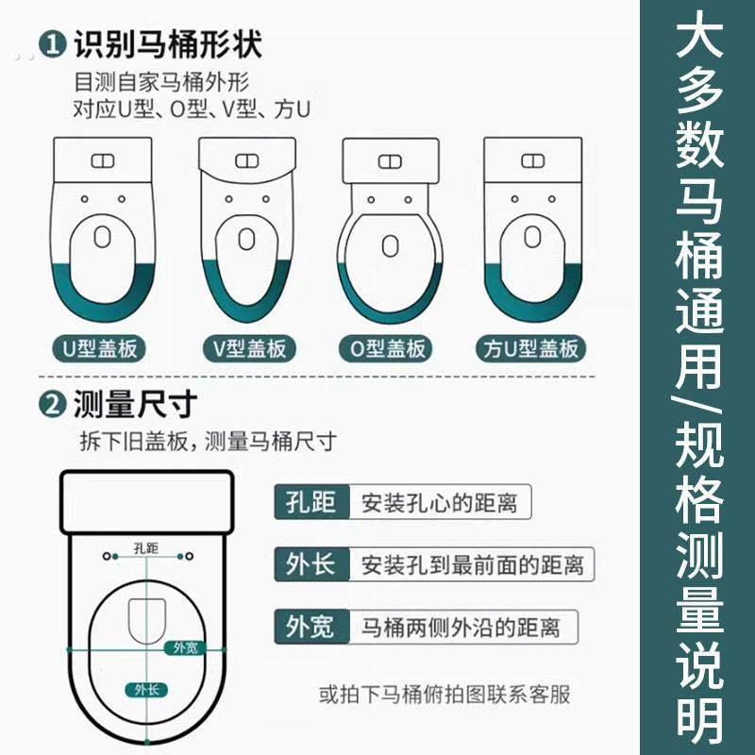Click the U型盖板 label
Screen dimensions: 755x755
point(100,348)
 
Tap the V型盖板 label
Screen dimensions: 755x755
point(246,348)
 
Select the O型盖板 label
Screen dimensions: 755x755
point(388,348)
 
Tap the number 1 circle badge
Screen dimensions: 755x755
point(52,43)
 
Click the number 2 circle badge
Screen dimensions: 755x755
point(52,406)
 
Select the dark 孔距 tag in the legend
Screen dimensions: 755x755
point(311,502)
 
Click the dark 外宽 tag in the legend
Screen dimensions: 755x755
point(311,626)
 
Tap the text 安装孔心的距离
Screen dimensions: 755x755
point(439,502)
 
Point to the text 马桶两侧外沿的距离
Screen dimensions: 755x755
point(461,626)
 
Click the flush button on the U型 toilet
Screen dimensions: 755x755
point(101,159)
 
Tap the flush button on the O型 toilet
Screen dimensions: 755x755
point(389,160)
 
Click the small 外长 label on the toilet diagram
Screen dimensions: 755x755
point(145,689)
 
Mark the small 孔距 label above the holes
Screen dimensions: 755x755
point(146,546)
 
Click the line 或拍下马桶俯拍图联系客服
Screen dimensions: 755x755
point(445,696)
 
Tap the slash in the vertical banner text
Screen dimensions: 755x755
point(698,397)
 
